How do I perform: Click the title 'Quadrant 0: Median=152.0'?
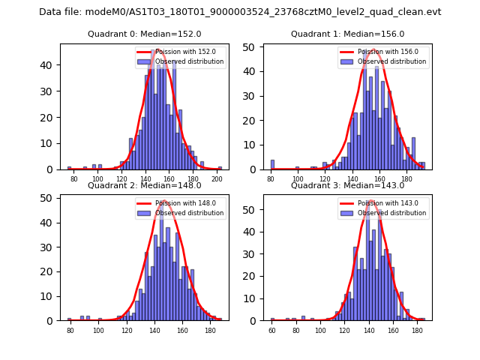point(144,34)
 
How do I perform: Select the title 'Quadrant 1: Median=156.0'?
point(347,34)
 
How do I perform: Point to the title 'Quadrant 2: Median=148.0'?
point(144,185)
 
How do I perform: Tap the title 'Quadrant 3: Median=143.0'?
point(347,185)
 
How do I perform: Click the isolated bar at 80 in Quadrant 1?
point(272,165)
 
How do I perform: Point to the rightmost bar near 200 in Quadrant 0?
point(220,168)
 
